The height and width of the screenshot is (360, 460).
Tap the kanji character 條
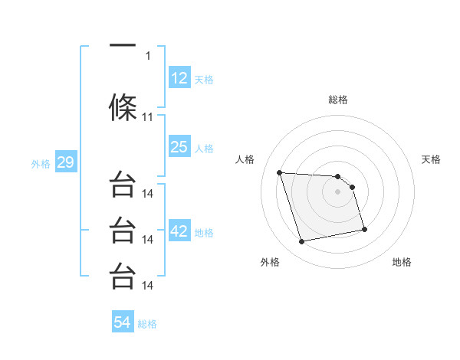pyautogui.click(x=123, y=108)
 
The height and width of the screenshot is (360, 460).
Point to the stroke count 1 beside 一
pyautogui.click(x=148, y=55)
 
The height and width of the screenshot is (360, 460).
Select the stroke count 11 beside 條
pyautogui.click(x=148, y=117)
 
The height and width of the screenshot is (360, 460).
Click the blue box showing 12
pyautogui.click(x=179, y=77)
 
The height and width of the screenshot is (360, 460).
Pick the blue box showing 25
pyautogui.click(x=179, y=147)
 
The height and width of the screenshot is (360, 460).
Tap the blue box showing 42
pyautogui.click(x=179, y=231)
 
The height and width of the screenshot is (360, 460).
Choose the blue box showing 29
pyautogui.click(x=65, y=162)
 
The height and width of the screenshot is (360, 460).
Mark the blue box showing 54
pyautogui.click(x=123, y=322)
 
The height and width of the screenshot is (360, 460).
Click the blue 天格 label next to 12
pyautogui.click(x=204, y=79)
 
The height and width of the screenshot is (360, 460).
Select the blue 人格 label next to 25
pyautogui.click(x=204, y=149)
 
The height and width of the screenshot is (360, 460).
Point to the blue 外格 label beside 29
pyautogui.click(x=41, y=163)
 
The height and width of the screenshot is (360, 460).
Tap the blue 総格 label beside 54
pyautogui.click(x=147, y=324)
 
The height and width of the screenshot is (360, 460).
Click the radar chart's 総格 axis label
pyautogui.click(x=337, y=100)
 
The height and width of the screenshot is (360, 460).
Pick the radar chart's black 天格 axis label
pyautogui.click(x=432, y=159)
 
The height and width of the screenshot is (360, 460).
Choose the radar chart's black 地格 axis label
pyautogui.click(x=402, y=262)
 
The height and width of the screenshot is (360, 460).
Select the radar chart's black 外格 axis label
pyautogui.click(x=270, y=262)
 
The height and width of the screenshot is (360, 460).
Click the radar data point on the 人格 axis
pyautogui.click(x=280, y=172)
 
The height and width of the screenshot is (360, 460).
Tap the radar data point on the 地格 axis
pyautogui.click(x=364, y=229)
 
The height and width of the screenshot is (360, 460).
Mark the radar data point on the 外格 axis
pyautogui.click(x=302, y=242)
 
